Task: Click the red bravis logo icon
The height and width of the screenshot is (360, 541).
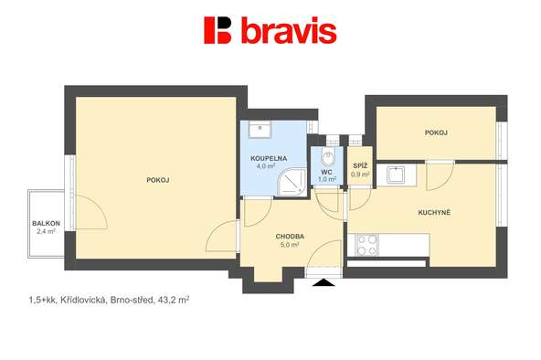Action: [x=217, y=30]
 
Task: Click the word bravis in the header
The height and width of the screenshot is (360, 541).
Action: [x=289, y=30]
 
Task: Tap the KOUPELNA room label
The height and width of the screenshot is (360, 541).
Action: [x=269, y=159]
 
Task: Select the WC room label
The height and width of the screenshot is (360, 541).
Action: [x=326, y=172]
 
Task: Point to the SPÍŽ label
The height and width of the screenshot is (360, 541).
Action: [x=360, y=166]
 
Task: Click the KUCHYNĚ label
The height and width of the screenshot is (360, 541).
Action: [x=434, y=212]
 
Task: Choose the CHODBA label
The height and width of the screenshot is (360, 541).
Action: [x=290, y=237]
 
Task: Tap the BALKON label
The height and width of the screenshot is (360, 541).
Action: [x=47, y=224]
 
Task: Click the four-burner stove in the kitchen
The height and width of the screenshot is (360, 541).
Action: [x=366, y=245]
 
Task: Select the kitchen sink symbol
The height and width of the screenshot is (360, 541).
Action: [x=396, y=175]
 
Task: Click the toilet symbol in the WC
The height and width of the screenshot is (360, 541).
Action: [x=327, y=157]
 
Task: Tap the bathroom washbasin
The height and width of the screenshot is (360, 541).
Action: [x=260, y=129]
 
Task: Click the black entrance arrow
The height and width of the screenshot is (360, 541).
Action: [x=324, y=283]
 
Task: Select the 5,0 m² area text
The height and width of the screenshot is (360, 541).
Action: [x=290, y=245]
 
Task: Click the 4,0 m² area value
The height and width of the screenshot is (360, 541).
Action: [x=266, y=166]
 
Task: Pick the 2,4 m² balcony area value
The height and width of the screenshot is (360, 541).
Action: [x=47, y=231]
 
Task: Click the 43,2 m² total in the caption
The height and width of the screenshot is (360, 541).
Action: [x=174, y=300]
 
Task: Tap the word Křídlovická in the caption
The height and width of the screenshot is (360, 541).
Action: [x=83, y=301]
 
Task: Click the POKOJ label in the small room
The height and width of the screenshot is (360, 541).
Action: [x=436, y=132]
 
